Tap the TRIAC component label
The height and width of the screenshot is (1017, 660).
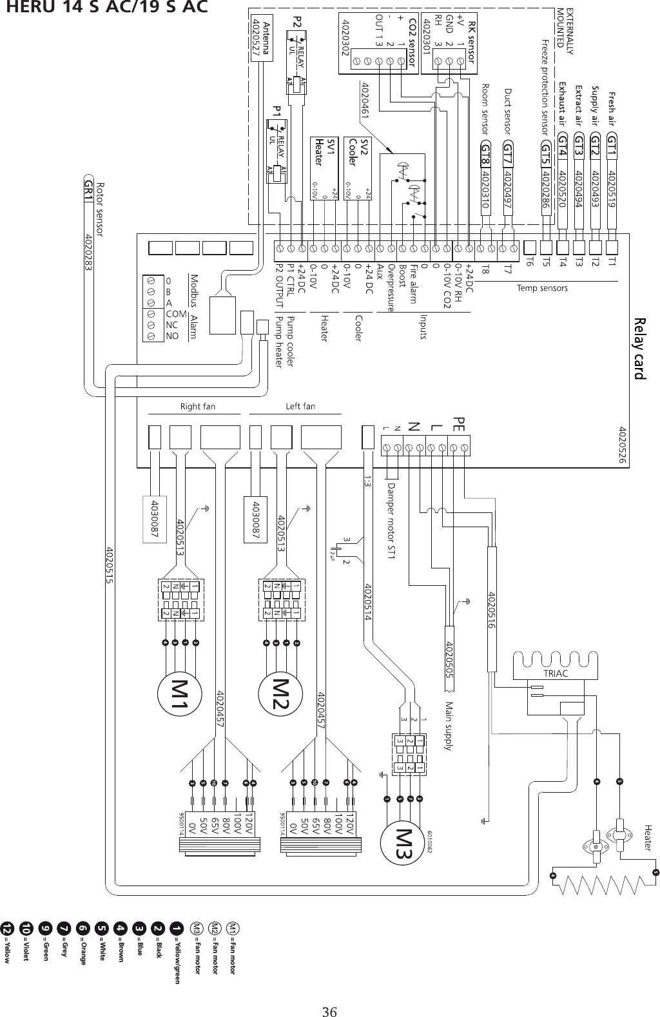point(556,673)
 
